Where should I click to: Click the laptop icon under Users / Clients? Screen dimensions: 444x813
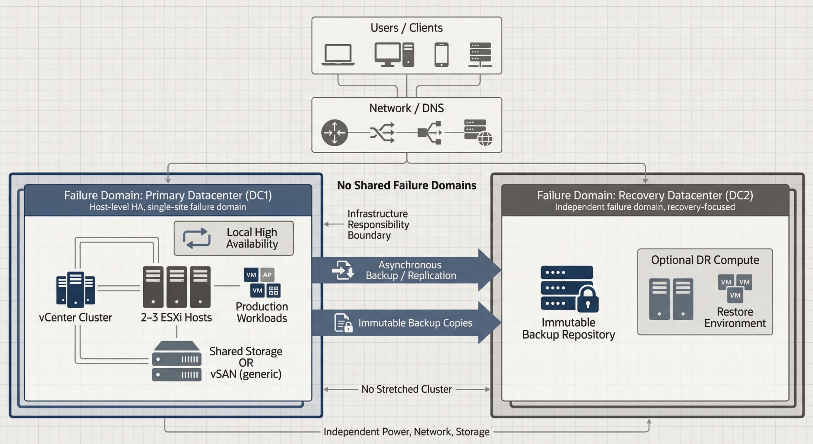[x=338, y=55]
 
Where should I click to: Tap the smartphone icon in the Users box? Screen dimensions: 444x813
[x=441, y=55]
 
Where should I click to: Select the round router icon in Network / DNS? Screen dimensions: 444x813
[x=334, y=133]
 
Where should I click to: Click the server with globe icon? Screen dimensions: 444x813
[x=478, y=132]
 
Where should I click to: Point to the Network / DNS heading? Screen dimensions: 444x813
[x=406, y=108]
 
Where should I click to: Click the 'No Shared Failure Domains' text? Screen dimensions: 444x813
[x=406, y=185]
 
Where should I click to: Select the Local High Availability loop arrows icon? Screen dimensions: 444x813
[x=197, y=238]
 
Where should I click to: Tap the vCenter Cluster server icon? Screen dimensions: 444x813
[x=76, y=289]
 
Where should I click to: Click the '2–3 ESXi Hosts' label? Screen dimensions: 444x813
[x=176, y=317]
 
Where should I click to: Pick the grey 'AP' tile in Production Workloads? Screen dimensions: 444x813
[x=267, y=275]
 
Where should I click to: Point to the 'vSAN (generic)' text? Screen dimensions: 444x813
[x=246, y=374]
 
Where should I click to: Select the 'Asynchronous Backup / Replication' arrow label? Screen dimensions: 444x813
[x=411, y=270]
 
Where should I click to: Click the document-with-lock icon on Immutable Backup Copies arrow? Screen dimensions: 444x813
[x=343, y=323]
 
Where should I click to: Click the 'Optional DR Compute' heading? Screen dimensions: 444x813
[x=705, y=260]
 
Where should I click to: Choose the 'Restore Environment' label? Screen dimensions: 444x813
[x=735, y=317]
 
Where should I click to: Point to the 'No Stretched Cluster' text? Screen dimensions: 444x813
[x=406, y=389]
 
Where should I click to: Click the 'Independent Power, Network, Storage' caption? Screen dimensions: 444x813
[x=406, y=432]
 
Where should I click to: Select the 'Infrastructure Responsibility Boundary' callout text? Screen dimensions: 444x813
[x=378, y=225]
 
